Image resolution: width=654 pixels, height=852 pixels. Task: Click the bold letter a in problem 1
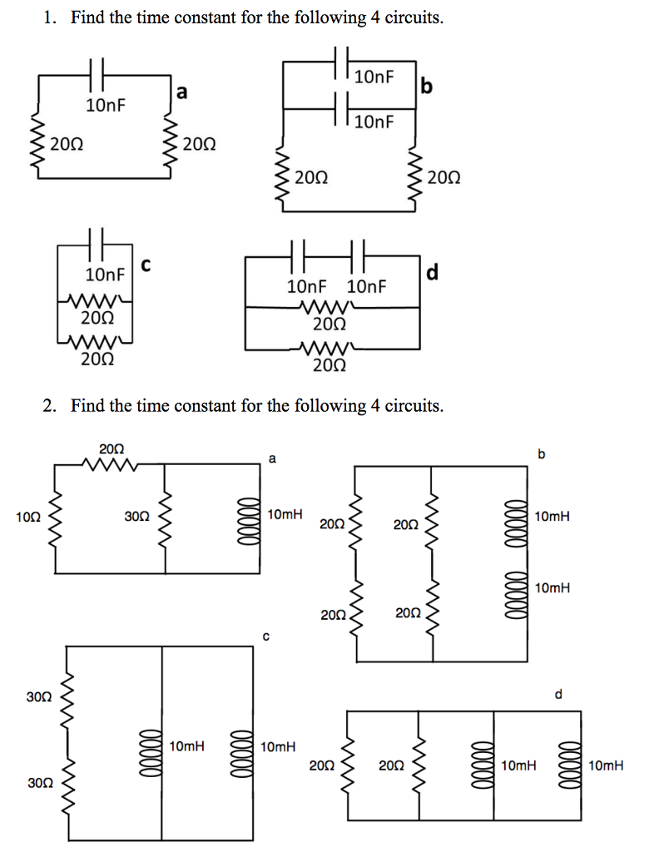click(182, 92)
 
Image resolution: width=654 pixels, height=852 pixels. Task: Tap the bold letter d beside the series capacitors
click(433, 272)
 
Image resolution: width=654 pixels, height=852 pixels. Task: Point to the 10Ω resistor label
click(27, 517)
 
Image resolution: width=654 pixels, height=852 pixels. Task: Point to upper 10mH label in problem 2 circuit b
click(553, 517)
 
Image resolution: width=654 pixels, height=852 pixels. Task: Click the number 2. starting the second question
click(51, 406)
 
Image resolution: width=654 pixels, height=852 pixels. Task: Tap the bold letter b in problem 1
click(427, 86)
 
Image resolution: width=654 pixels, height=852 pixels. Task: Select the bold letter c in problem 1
click(146, 265)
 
